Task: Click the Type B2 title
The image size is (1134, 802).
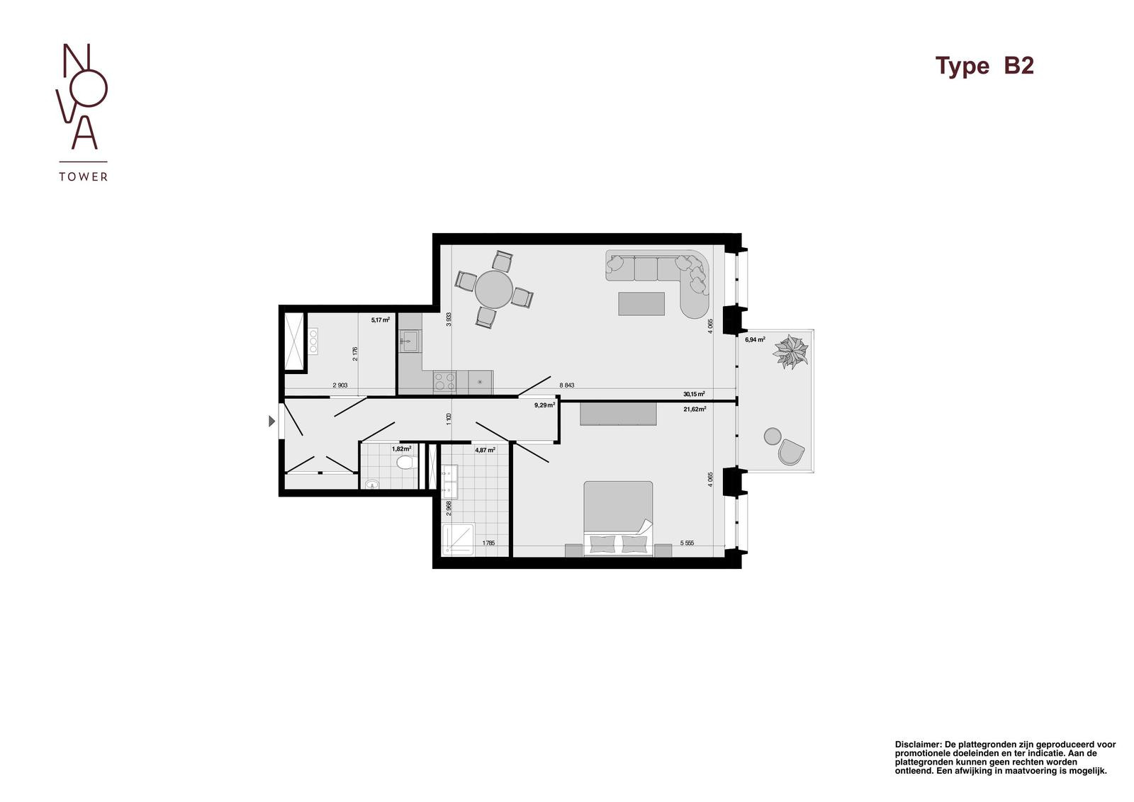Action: [984, 66]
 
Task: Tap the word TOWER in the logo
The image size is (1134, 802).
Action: [83, 176]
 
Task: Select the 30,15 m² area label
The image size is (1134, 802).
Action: [694, 394]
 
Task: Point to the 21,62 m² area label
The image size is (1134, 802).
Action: [695, 409]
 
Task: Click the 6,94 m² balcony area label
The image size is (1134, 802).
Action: [755, 339]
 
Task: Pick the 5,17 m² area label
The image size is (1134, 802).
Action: [380, 320]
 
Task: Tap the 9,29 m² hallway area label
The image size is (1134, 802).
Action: [545, 405]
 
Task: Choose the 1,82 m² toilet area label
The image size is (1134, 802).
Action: [401, 448]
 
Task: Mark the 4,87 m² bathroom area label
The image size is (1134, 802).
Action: [485, 449]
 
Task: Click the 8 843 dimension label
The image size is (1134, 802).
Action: [566, 385]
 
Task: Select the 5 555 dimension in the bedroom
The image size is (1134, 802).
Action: [687, 543]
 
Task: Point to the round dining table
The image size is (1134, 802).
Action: [493, 290]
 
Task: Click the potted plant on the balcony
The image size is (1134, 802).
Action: [790, 351]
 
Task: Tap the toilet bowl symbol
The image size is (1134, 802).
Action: [406, 462]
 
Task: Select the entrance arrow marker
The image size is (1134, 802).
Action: [272, 420]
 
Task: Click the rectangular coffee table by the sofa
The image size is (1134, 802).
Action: [641, 304]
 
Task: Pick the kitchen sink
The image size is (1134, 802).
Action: [408, 341]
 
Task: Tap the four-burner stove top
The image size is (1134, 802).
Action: [444, 381]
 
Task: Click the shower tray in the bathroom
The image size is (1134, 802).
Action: [458, 539]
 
